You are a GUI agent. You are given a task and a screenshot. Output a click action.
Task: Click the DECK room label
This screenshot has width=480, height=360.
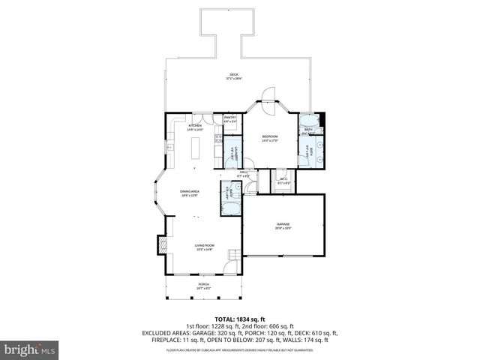point(233,75)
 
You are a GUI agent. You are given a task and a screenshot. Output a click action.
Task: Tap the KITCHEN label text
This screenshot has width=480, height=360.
point(195,126)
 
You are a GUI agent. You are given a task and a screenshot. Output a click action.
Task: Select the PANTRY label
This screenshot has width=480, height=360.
point(230,118)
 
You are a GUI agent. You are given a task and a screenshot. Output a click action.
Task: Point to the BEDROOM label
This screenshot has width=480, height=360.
point(270,136)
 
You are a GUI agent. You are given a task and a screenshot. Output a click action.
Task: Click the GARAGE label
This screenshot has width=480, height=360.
point(283,224)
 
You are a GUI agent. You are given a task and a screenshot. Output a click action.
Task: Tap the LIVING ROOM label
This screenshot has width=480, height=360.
point(205,246)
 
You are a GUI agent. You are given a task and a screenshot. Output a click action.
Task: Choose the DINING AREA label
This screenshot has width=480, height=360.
point(189,192)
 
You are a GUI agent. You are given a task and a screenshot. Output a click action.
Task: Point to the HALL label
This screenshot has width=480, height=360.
point(244,173)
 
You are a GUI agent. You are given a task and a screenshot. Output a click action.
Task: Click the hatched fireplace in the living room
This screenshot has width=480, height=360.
point(160,246)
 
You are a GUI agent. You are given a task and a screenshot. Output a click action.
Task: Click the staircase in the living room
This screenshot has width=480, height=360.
point(235,257)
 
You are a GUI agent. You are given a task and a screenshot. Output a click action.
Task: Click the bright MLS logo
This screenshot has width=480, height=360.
point(30,349)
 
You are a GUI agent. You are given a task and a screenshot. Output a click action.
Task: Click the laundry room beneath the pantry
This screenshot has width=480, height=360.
point(234,152)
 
